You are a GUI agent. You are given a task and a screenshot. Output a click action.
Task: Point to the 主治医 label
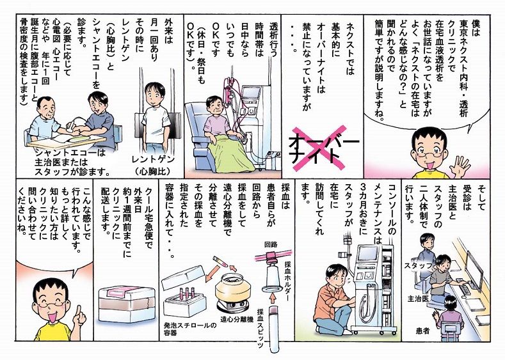coord(418,299)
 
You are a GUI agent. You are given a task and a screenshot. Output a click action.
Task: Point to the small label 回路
coord(270,245)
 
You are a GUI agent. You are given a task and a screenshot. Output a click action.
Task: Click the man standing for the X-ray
coord(154,115)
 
